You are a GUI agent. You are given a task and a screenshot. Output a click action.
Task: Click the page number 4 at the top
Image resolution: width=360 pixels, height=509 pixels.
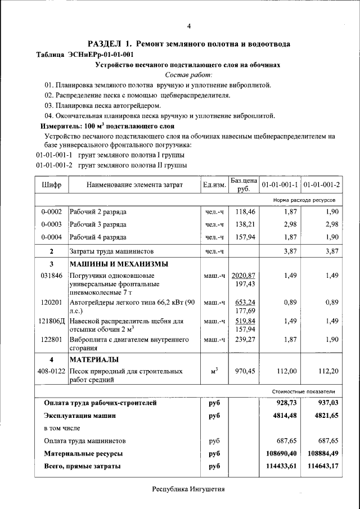coord(189,26)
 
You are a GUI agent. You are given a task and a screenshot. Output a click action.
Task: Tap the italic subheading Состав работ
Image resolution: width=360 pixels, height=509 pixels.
coord(188,75)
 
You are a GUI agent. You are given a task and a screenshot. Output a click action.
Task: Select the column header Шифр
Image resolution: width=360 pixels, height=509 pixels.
coord(51,184)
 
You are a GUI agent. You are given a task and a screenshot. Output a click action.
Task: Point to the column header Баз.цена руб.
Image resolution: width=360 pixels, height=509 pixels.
coord(244,184)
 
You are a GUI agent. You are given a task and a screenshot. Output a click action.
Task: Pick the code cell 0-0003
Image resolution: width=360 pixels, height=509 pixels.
coord(51,224)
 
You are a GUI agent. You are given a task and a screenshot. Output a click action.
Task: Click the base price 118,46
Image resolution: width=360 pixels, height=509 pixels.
coord(245,212)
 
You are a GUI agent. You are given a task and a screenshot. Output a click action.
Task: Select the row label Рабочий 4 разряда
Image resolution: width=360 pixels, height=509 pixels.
coord(98,237)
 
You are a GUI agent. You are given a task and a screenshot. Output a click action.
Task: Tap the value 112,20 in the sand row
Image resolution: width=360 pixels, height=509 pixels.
coord(328,371)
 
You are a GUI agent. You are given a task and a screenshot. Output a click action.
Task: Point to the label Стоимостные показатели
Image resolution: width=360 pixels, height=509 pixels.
coord(311,391)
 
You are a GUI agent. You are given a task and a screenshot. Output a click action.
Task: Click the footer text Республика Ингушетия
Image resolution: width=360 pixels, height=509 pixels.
coord(188,489)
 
